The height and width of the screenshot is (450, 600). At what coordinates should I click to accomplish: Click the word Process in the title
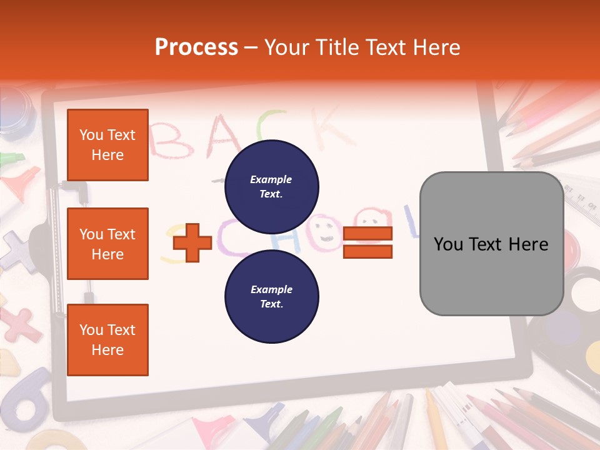[196, 47]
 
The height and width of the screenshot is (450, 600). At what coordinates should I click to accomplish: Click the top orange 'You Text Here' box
[107, 145]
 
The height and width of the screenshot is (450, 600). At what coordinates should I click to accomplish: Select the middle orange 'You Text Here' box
[107, 244]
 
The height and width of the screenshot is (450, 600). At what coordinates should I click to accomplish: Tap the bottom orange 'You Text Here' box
[107, 340]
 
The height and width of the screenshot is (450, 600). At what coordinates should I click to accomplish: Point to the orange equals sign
[367, 242]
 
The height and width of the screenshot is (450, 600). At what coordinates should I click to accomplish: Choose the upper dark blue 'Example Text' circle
[271, 186]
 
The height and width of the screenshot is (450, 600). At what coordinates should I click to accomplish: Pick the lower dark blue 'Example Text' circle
[271, 296]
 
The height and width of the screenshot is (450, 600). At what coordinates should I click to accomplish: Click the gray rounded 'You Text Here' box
[491, 244]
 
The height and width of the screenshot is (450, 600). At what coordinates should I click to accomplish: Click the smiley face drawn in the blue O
[324, 231]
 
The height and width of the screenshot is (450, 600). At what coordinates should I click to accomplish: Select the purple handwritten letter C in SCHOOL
[231, 244]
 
